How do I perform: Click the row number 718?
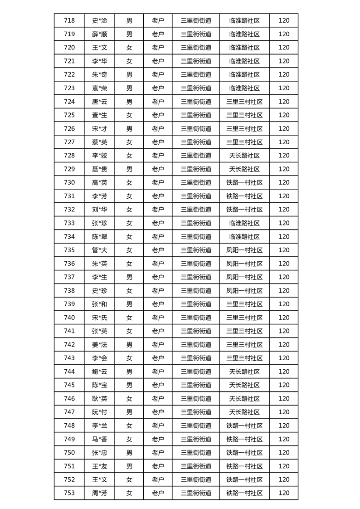(69, 20)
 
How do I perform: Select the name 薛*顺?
(99, 34)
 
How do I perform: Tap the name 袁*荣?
(99, 88)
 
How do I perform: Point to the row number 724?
(69, 102)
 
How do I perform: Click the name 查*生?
(99, 115)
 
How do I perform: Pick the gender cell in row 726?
(129, 128)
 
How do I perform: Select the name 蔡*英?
(99, 142)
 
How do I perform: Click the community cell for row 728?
(244, 156)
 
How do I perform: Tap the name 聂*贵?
(99, 169)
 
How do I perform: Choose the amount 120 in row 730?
(284, 182)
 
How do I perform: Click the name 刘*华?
(99, 210)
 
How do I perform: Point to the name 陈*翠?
(99, 236)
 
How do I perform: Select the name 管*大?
(99, 250)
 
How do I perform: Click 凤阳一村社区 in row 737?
(244, 277)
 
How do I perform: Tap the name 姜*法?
(99, 345)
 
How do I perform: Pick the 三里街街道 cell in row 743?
(196, 358)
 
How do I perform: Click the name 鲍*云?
(99, 372)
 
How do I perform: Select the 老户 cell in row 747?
(158, 412)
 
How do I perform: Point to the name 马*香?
(99, 439)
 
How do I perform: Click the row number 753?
(69, 493)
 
